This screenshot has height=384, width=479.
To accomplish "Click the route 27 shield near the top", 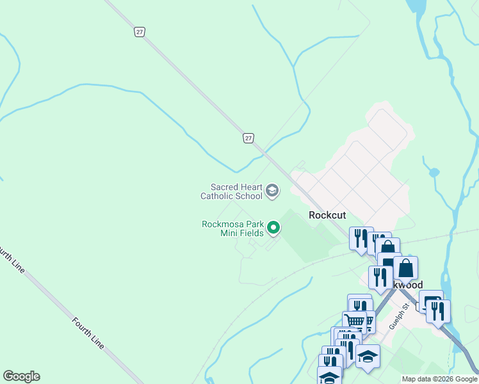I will pyautogui.click(x=139, y=31).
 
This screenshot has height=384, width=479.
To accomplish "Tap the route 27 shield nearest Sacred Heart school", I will pyautogui.click(x=248, y=138).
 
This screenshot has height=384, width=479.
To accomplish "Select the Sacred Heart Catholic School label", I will pyautogui.click(x=232, y=191).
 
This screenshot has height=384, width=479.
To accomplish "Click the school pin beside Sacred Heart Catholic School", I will pyautogui.click(x=272, y=190).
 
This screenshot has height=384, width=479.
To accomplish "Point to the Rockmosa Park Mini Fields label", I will pyautogui.click(x=232, y=228).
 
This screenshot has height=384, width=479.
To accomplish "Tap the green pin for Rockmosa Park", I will pyautogui.click(x=274, y=227).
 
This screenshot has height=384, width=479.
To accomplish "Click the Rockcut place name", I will pyautogui.click(x=328, y=215).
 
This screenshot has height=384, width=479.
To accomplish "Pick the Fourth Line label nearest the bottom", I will pyautogui.click(x=88, y=333).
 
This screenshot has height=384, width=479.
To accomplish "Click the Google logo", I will pyautogui.click(x=21, y=376).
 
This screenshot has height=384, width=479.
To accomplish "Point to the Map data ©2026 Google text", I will pyautogui.click(x=439, y=379).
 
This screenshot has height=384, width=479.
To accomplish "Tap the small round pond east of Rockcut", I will pyautogui.click(x=434, y=172).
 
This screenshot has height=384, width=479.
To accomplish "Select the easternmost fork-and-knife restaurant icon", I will pyautogui.click(x=438, y=311).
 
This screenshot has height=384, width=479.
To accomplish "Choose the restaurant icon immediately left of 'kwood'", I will pyautogui.click(x=380, y=276).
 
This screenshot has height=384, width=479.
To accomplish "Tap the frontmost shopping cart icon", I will pyautogui.click(x=354, y=321).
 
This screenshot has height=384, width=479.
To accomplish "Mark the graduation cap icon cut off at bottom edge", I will pyautogui.click(x=329, y=376).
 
